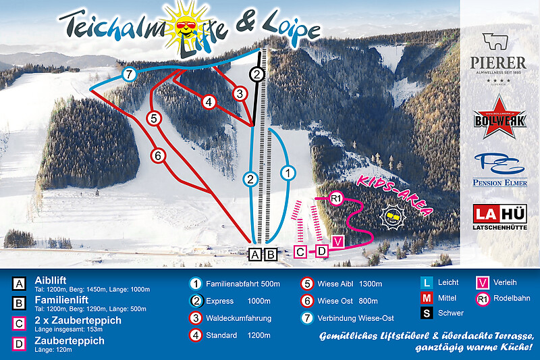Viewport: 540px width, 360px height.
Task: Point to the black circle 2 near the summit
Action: coord(257,74)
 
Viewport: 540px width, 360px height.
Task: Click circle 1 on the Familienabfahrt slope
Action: coord(288,174)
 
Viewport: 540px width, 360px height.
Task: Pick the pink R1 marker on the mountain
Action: coord(337,198)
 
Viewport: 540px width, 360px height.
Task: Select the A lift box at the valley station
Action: coord(254,255)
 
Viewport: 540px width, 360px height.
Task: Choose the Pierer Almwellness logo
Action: coord(498,57)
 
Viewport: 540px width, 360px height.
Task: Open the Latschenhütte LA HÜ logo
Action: coord(500,216)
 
